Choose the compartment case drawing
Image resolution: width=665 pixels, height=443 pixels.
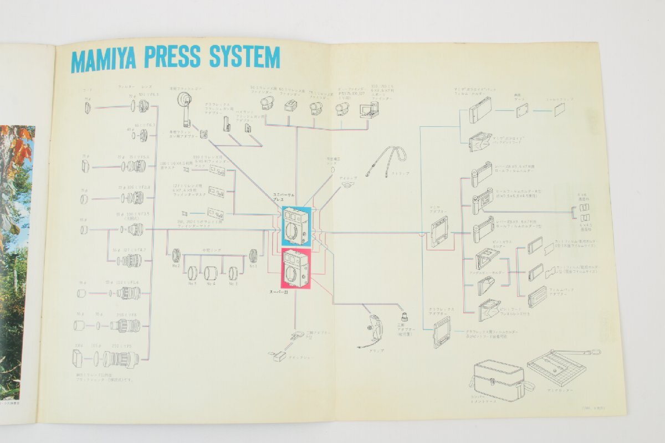point(499,379)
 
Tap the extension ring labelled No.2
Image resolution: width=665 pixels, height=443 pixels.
point(176,255)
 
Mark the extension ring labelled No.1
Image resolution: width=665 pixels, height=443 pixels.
point(253,255)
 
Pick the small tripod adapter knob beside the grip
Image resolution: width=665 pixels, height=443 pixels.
point(405,317)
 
